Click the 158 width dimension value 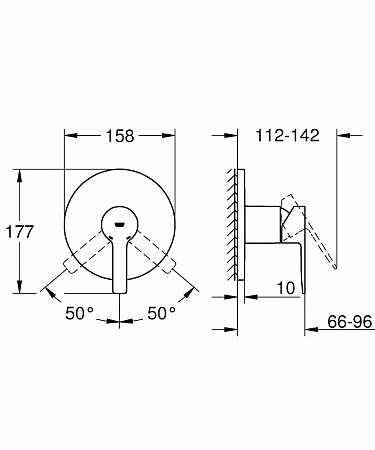pyautogui.click(x=120, y=136)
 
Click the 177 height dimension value pyautogui.click(x=20, y=232)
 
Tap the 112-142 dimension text pyautogui.click(x=287, y=135)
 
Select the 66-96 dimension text pyautogui.click(x=349, y=322)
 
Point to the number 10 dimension pyautogui.click(x=286, y=288)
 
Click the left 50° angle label pyautogui.click(x=79, y=313)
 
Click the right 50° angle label pyautogui.click(x=161, y=313)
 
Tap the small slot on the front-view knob pyautogui.click(x=120, y=224)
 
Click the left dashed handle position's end pyautogui.click(x=67, y=266)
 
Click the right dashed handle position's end pyautogui.click(x=170, y=266)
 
